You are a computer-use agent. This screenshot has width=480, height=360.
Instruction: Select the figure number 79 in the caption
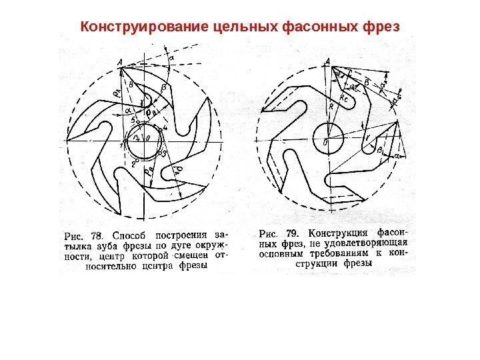(292, 234)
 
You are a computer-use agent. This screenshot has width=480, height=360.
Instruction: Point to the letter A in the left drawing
(119, 63)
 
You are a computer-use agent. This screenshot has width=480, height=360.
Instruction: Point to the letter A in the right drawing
(328, 63)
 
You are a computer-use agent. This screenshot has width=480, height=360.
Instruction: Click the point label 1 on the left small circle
(122, 143)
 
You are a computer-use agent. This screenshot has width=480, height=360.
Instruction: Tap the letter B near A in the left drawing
(131, 85)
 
